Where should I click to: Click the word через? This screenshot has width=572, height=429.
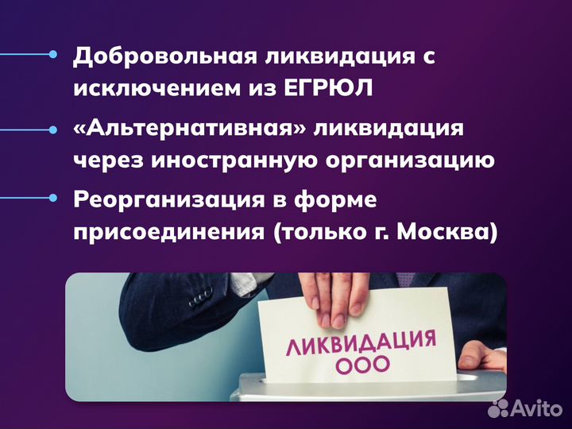(x=101, y=160)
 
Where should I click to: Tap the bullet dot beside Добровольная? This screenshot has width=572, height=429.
(x=53, y=55)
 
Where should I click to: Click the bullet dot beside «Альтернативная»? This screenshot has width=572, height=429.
(x=53, y=128)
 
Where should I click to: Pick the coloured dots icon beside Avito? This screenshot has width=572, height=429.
(x=499, y=408)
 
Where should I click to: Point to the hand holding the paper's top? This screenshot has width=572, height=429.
(x=326, y=297)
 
